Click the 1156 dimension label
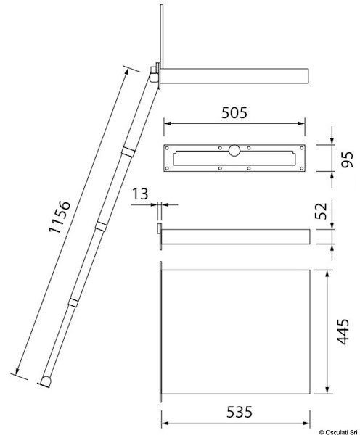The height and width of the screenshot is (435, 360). pyautogui.click(x=60, y=216)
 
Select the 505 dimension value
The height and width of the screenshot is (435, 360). pyautogui.click(x=234, y=113)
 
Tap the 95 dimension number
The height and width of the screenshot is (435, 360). pyautogui.click(x=347, y=159)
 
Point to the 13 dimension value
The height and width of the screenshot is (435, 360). pyautogui.click(x=140, y=194)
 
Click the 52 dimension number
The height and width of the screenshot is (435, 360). pyautogui.click(x=321, y=211)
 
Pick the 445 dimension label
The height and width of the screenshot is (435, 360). pyautogui.click(x=343, y=332)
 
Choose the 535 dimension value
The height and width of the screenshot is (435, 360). pyautogui.click(x=240, y=412)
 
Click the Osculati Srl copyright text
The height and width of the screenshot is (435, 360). pyautogui.click(x=338, y=432)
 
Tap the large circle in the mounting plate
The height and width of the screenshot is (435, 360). pyautogui.click(x=234, y=150)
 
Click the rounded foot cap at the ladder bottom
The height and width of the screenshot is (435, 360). pyautogui.click(x=45, y=381)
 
